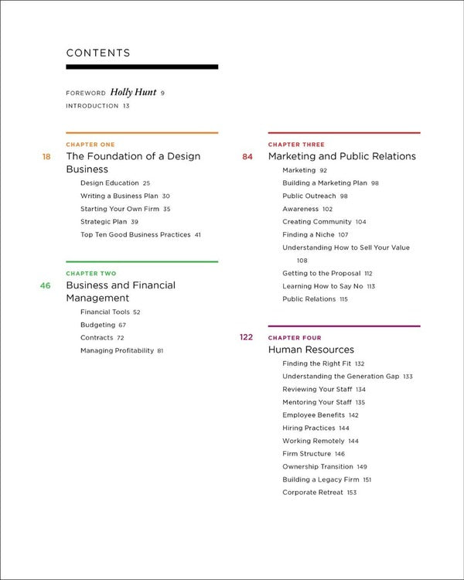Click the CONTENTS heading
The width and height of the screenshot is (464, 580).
(98, 53)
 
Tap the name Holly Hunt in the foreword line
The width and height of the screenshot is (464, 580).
(133, 92)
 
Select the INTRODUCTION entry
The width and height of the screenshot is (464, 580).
(93, 105)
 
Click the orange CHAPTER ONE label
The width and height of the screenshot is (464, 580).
(90, 145)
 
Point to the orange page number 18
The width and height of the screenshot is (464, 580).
(46, 156)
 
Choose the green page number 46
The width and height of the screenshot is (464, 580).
(46, 285)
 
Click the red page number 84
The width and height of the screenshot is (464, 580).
(247, 156)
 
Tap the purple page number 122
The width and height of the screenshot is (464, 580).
(246, 337)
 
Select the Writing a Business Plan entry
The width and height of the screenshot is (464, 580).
(119, 196)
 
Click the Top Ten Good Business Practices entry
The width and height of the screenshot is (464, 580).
(135, 234)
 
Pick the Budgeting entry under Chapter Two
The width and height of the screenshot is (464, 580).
(97, 325)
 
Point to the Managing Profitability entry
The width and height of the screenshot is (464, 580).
(117, 350)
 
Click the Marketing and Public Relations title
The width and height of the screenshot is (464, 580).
(342, 156)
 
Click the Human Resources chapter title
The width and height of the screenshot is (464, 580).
(311, 350)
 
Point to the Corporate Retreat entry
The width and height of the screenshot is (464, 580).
(313, 493)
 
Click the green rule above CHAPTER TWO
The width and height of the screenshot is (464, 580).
(142, 262)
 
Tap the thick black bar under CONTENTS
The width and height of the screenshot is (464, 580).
(142, 67)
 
